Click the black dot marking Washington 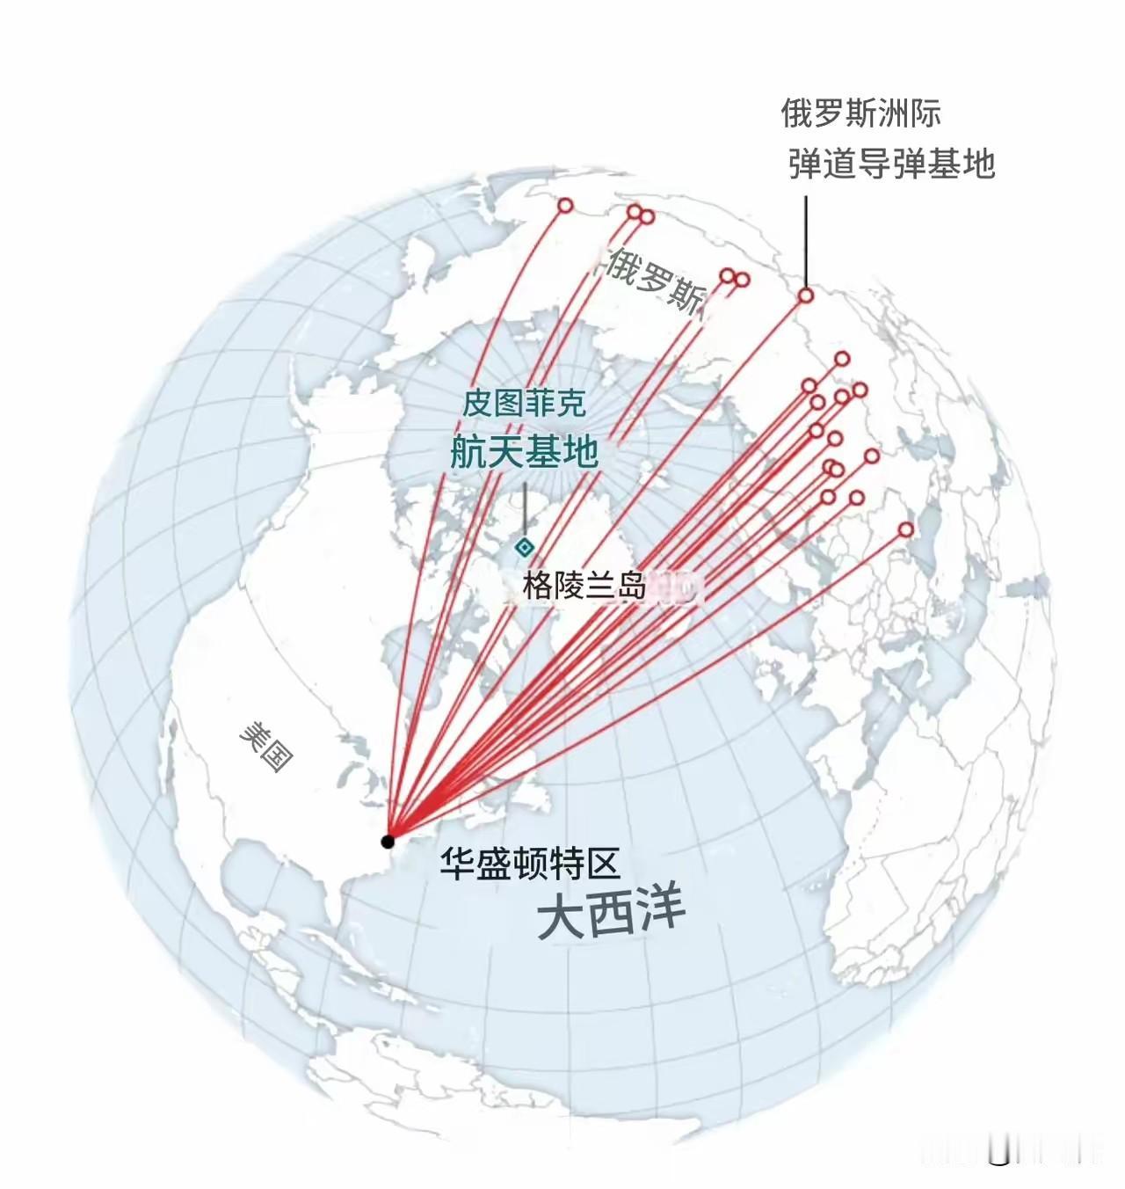388,842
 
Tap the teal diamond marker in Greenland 525,548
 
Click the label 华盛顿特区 531,864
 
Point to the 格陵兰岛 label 584,585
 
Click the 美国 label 266,747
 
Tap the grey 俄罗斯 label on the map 656,280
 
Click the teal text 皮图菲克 524,404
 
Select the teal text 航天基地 524,452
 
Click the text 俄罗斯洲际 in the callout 860,113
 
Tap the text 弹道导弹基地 891,164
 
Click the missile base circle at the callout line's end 806,295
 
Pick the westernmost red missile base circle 565,206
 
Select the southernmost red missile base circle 906,529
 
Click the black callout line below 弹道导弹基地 806,242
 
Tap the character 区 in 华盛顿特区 604,864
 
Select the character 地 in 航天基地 580,452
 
